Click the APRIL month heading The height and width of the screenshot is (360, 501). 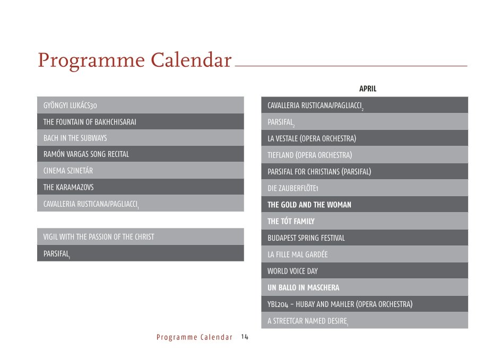[368, 89]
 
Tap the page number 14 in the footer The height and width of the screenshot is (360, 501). [245, 337]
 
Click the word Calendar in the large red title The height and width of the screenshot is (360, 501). [191, 60]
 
